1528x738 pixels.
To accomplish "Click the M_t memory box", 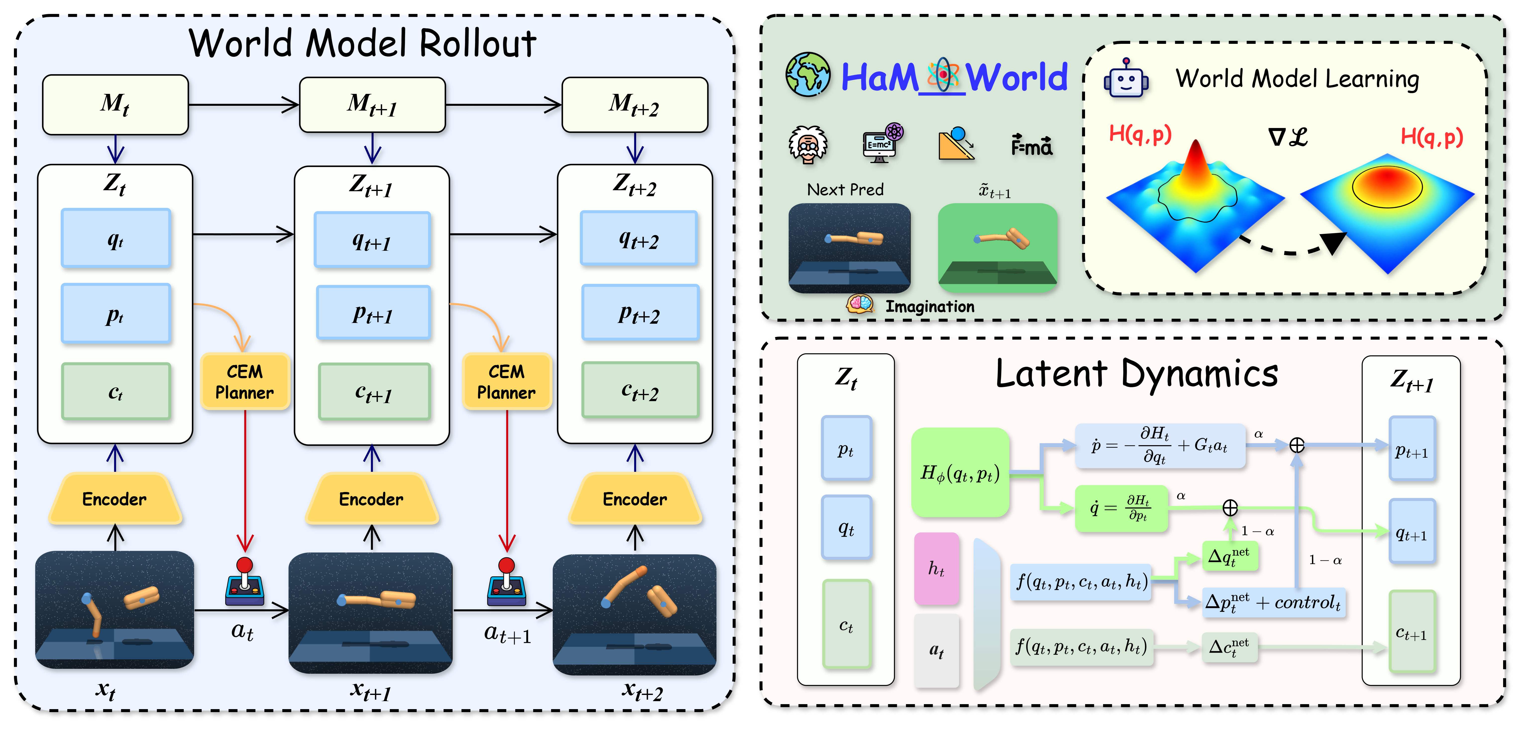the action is (x=115, y=104).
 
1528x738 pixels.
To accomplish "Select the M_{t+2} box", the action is (x=635, y=104).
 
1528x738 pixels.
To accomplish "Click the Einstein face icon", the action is (x=808, y=145).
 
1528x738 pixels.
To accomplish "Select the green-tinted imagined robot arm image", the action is (x=998, y=247).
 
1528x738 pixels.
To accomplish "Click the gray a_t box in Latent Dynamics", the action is (x=937, y=650).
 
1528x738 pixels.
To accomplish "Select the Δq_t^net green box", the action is (x=1230, y=556).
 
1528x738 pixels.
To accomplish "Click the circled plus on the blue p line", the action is (x=1297, y=445).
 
